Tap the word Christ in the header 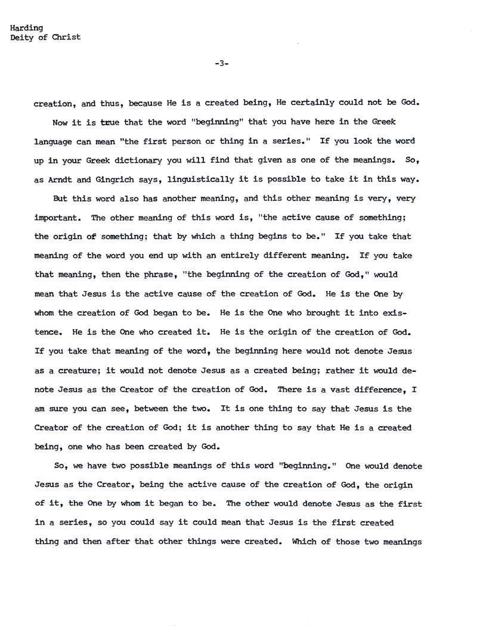click(x=67, y=38)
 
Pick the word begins click(x=277, y=236)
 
